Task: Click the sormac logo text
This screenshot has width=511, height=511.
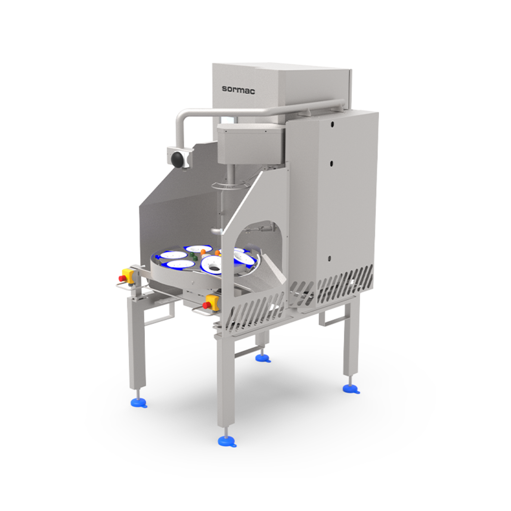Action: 238,90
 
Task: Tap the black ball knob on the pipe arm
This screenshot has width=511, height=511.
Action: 177,159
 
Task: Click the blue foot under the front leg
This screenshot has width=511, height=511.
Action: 227,442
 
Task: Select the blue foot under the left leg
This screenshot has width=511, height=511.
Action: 139,403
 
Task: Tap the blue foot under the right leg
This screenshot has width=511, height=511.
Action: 351,389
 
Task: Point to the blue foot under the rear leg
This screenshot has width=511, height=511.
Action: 263,358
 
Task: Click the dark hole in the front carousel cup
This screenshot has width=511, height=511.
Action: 213,269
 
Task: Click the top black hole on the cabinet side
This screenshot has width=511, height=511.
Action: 332,124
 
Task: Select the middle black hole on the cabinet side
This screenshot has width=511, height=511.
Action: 331,163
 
